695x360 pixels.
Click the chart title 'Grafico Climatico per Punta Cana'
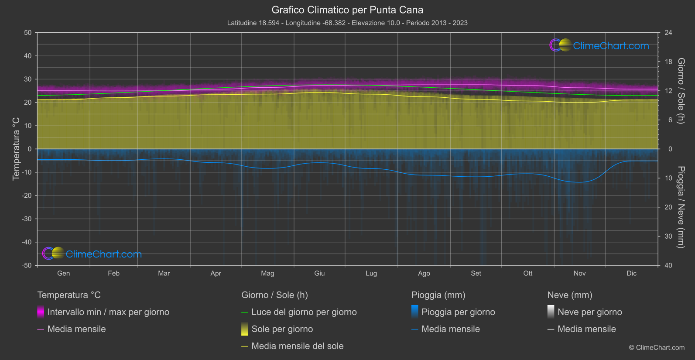(347, 10)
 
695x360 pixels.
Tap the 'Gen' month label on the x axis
(63, 273)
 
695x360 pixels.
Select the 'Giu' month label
(319, 273)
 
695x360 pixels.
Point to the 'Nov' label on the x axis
(579, 273)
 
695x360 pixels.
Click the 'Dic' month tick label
(631, 273)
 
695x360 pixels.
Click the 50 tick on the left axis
(28, 33)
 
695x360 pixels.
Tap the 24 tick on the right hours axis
(668, 33)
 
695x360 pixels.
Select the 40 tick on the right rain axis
(668, 265)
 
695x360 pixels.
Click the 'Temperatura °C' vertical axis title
(16, 148)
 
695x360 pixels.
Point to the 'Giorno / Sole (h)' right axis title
(681, 91)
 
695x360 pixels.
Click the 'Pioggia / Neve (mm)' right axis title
(681, 207)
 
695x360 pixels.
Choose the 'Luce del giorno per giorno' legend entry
(304, 312)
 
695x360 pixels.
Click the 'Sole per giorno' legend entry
(282, 329)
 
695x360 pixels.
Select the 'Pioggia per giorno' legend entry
(458, 312)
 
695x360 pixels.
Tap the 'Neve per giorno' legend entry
(589, 312)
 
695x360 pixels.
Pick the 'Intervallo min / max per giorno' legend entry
(108, 312)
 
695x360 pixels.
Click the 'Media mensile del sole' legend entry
(297, 346)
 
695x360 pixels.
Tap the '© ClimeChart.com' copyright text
(657, 347)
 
